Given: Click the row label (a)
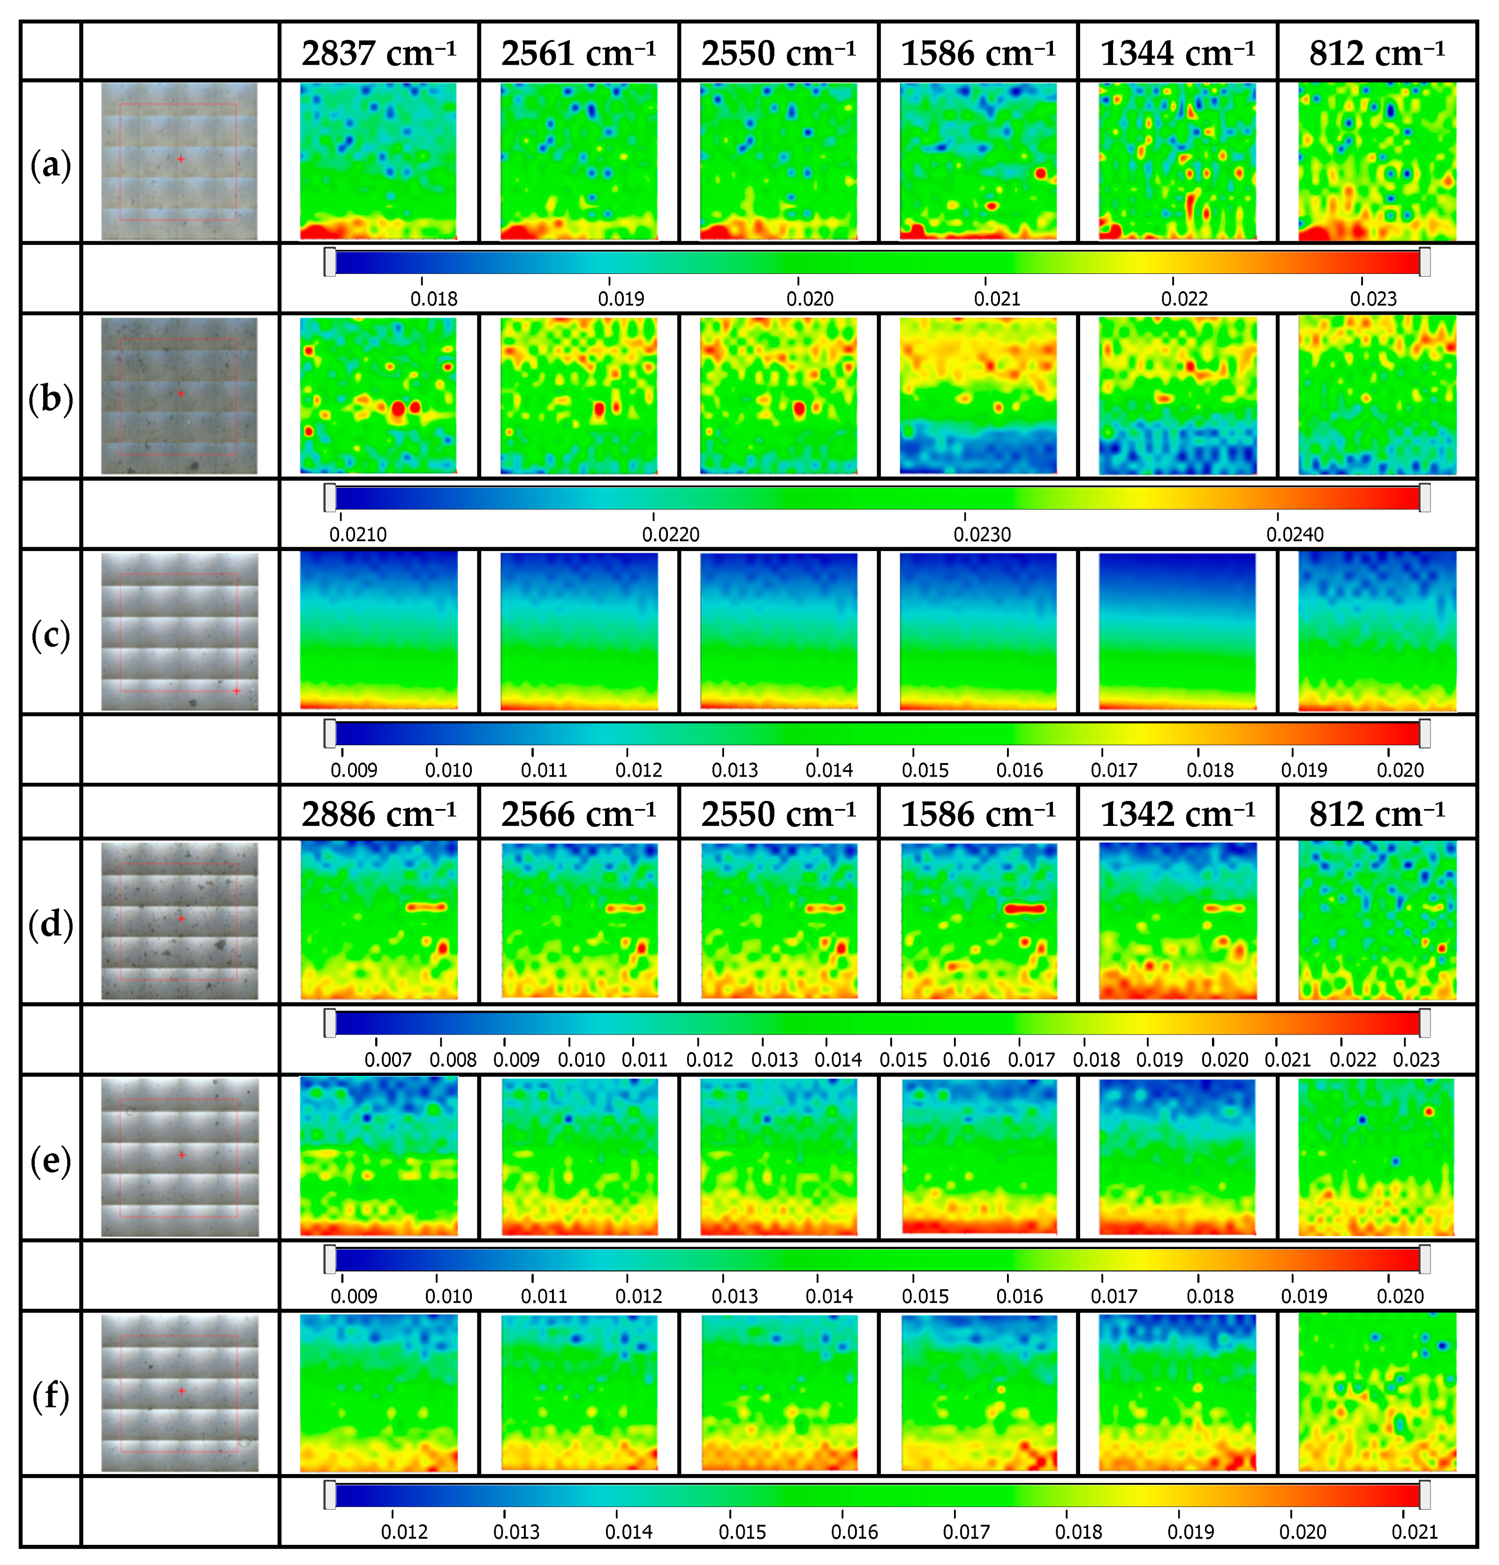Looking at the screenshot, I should pos(50,165).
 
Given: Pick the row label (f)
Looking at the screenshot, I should pos(50,1396).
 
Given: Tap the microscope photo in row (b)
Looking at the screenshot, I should pos(180,396).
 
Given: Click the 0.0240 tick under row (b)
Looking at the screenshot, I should pos(1295,534).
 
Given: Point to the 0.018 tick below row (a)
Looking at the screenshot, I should pos(434,299).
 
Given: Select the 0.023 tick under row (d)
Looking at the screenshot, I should pos(1416,1059).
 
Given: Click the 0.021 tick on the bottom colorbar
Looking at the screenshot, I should pos(1415,1531).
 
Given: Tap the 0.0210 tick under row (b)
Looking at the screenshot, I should pos(358,534).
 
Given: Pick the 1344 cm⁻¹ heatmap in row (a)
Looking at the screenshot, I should pos(1177,161).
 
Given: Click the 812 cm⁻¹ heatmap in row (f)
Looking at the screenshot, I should pos(1377,1392).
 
